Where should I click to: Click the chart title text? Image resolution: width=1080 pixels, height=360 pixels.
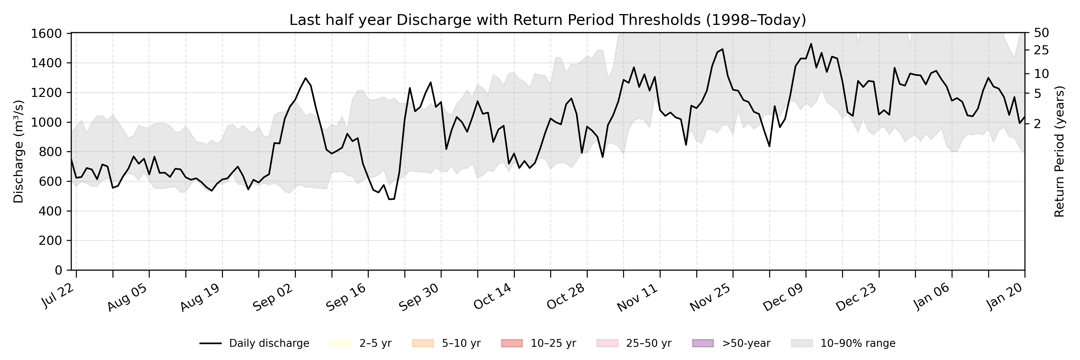(x=547, y=20)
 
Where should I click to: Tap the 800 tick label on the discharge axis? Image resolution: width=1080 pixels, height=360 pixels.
(x=50, y=152)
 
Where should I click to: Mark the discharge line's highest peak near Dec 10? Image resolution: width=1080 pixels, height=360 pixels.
(x=811, y=43)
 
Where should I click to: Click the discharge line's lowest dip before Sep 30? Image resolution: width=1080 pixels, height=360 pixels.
(x=389, y=199)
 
